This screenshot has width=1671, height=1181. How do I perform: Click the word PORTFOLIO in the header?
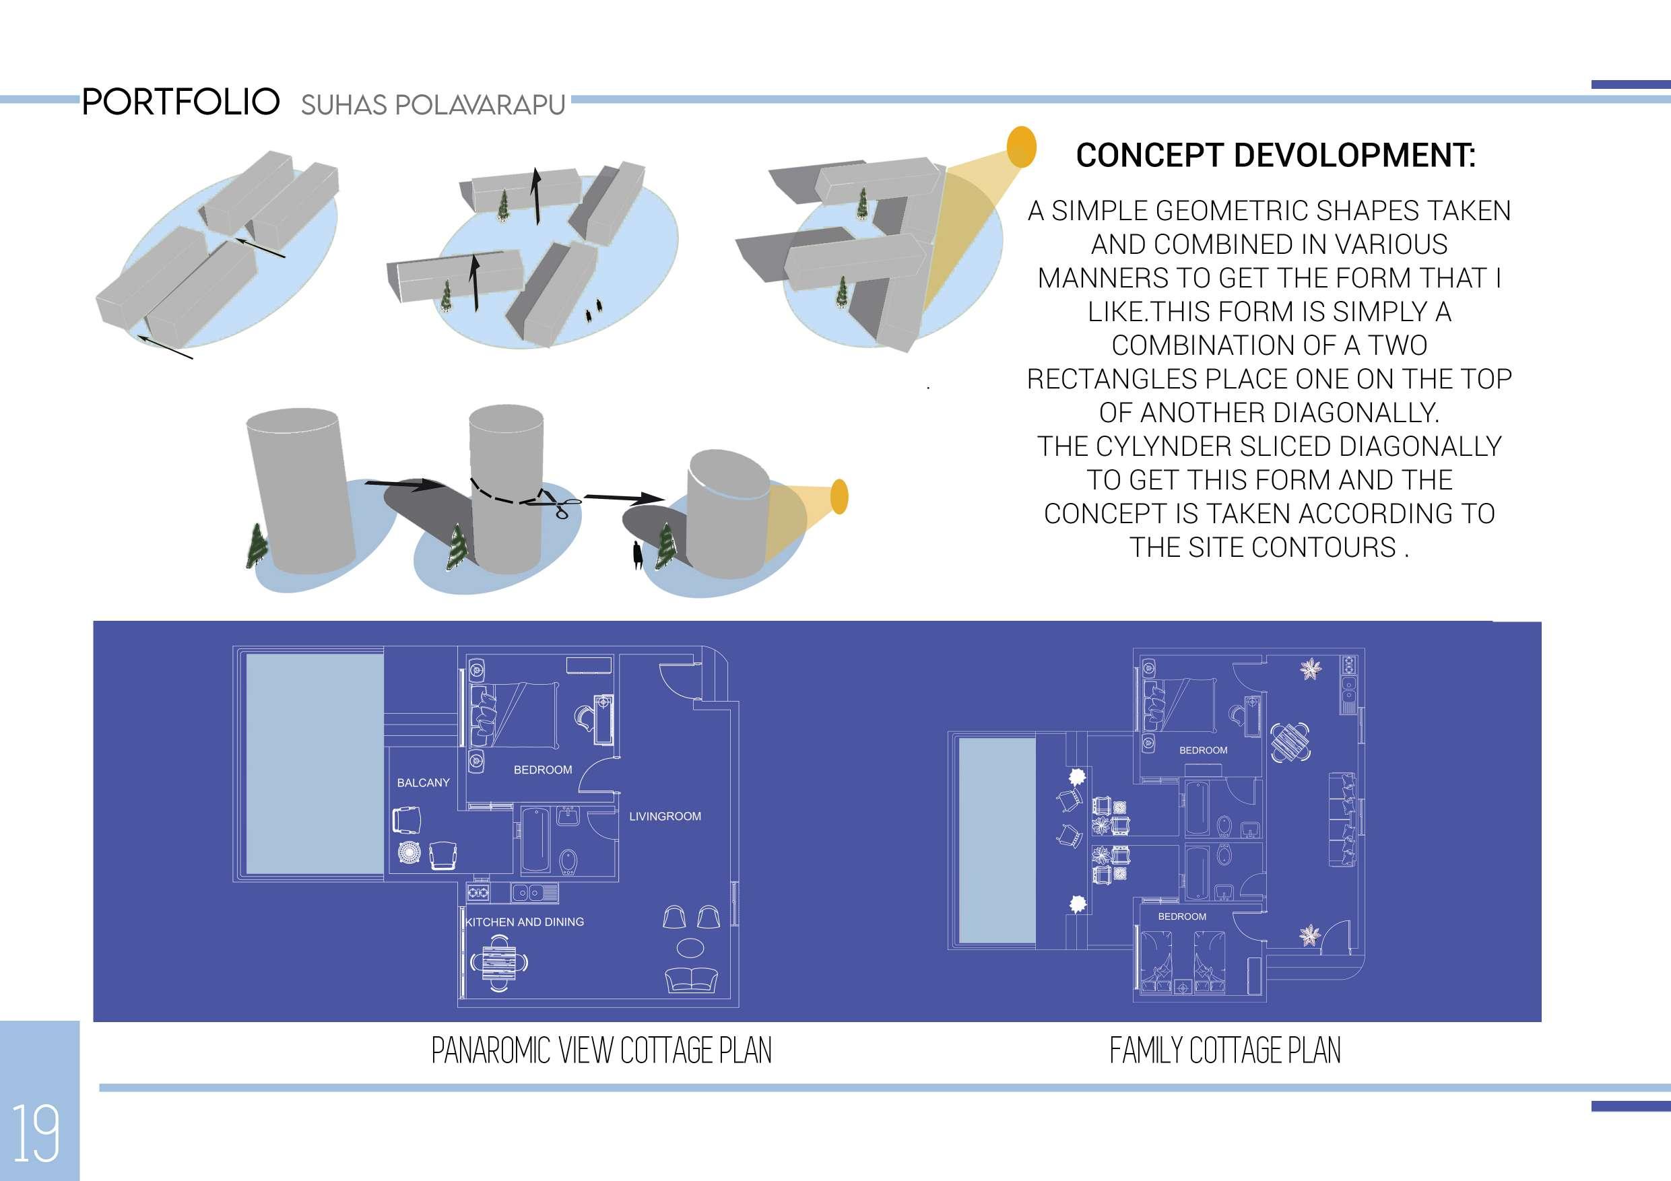click(181, 102)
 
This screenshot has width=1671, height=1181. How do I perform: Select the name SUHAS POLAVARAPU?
click(433, 106)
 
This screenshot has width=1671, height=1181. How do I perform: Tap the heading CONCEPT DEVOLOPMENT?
click(1275, 156)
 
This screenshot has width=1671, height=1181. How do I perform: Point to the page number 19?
click(36, 1135)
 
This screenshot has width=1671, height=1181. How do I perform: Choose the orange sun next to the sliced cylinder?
click(839, 496)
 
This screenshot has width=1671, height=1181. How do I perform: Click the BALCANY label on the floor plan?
click(423, 783)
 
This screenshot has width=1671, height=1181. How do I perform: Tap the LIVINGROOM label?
click(665, 817)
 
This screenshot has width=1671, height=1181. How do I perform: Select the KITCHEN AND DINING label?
click(525, 922)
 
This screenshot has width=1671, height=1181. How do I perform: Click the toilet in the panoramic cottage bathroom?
click(568, 861)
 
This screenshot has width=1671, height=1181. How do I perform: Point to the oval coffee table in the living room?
click(690, 947)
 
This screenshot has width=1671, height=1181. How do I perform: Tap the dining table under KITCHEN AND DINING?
click(498, 964)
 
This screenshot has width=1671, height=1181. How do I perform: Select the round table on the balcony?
click(409, 853)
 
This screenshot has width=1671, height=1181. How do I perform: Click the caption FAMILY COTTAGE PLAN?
click(1225, 1051)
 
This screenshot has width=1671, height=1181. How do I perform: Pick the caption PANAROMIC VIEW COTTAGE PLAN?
click(601, 1051)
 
